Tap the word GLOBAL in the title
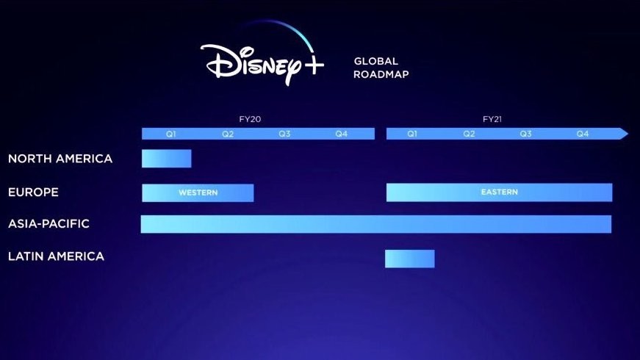(x=376, y=61)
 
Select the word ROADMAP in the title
(x=381, y=74)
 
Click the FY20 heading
(x=250, y=119)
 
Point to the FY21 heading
(x=492, y=119)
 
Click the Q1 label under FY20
(x=170, y=134)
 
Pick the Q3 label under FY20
(x=284, y=134)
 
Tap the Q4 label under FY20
(x=341, y=134)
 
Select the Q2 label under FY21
(x=469, y=134)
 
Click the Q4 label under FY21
(x=583, y=134)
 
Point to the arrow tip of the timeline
(x=628, y=134)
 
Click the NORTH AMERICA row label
(x=60, y=159)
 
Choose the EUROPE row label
(x=33, y=192)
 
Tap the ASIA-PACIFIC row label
(x=48, y=223)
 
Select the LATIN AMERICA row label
(x=56, y=256)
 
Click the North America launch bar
(x=167, y=159)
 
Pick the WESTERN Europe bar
(x=198, y=192)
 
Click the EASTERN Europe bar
(x=499, y=192)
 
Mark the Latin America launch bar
(x=410, y=259)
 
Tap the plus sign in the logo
(x=314, y=65)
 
